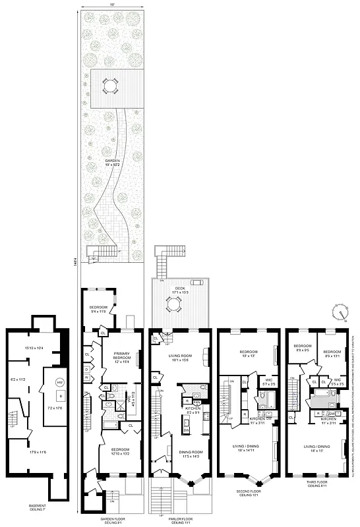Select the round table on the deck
(x=174, y=304)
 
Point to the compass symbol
(x=341, y=310)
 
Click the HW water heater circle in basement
(x=59, y=383)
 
